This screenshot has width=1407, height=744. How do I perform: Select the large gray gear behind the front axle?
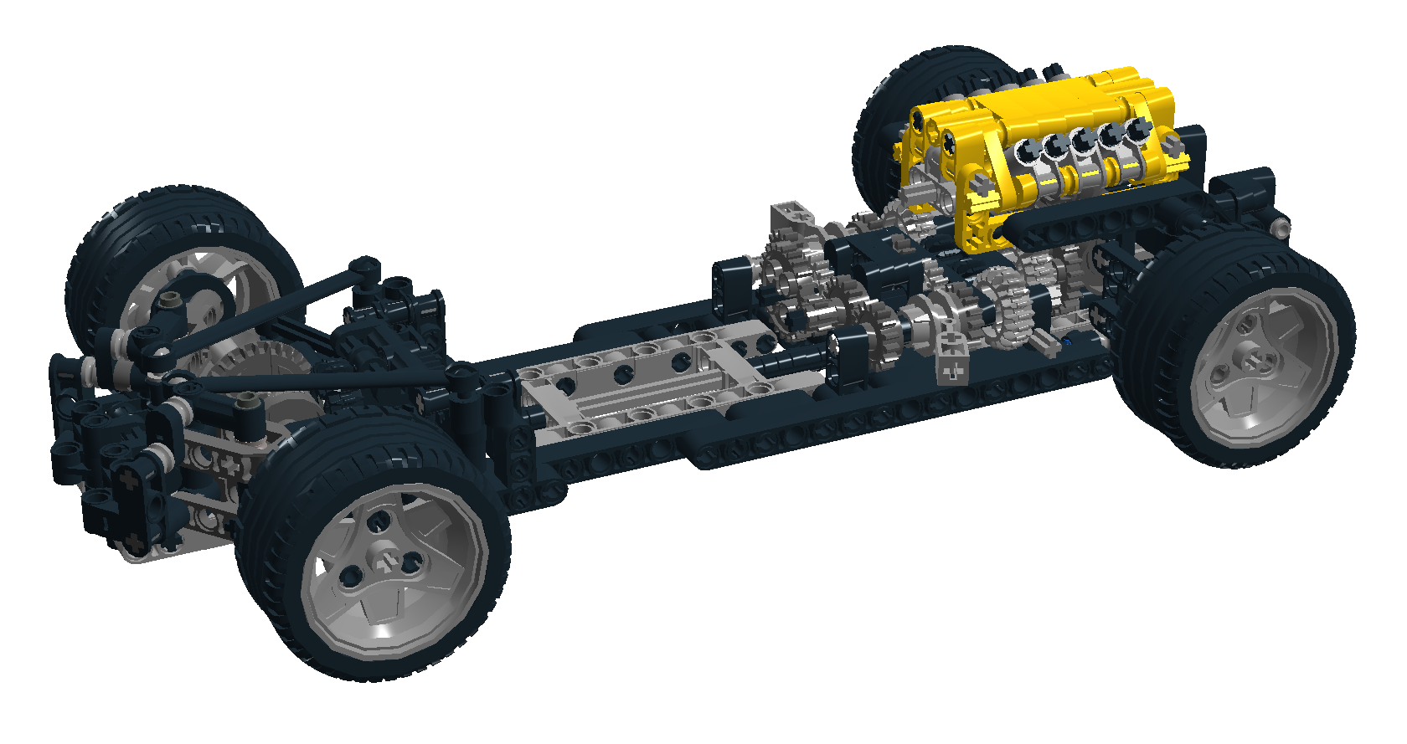[251, 368]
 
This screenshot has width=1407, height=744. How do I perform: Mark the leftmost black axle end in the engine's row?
[1025, 151]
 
